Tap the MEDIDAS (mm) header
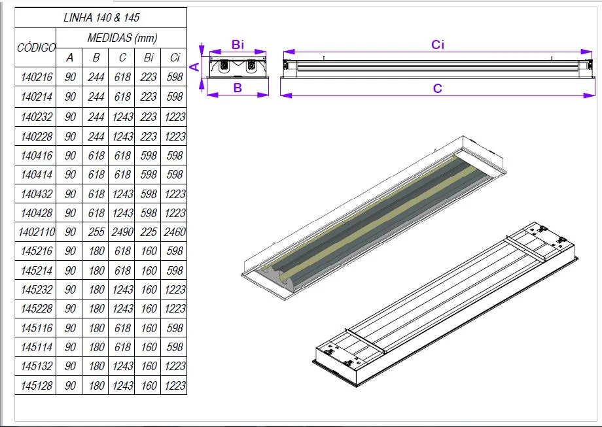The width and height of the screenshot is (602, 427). click(x=122, y=38)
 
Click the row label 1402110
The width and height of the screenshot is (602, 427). click(x=36, y=232)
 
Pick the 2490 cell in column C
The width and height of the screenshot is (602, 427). click(x=122, y=232)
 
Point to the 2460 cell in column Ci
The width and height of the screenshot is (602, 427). click(x=174, y=232)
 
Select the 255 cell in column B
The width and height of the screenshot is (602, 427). click(x=96, y=232)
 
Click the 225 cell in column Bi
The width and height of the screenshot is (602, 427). click(x=149, y=232)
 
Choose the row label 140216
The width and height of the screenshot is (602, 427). click(x=36, y=77)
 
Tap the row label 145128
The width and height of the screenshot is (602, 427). click(x=36, y=386)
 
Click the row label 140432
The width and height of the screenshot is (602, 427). click(x=36, y=194)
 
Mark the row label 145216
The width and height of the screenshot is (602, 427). click(x=36, y=251)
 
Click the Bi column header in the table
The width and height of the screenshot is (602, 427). click(x=149, y=58)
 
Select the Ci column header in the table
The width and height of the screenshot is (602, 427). click(x=174, y=58)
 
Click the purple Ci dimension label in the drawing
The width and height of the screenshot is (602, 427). click(x=438, y=44)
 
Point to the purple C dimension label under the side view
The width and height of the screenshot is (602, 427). click(x=438, y=88)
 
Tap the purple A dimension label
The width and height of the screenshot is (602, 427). click(x=194, y=65)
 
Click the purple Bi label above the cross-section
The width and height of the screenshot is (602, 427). click(x=238, y=44)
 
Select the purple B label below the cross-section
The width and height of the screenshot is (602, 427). click(x=238, y=88)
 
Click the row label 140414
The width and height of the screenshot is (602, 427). click(x=36, y=175)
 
